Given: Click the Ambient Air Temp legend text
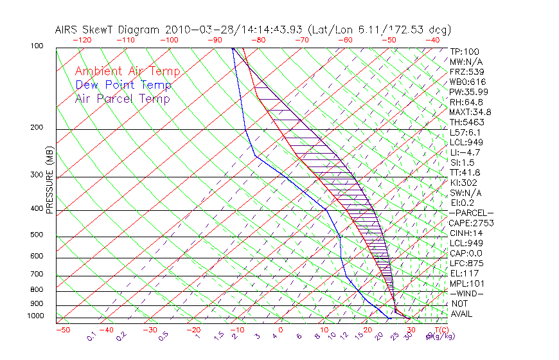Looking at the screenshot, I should (x=127, y=72).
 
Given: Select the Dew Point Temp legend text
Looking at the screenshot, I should (x=123, y=85).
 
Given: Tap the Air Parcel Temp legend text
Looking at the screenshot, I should (x=123, y=99).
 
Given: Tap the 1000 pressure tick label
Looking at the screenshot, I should (x=36, y=316).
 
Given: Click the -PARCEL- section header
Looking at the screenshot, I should (x=472, y=213).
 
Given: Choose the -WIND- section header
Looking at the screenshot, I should (x=468, y=293).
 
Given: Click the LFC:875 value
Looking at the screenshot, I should (x=465, y=264).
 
